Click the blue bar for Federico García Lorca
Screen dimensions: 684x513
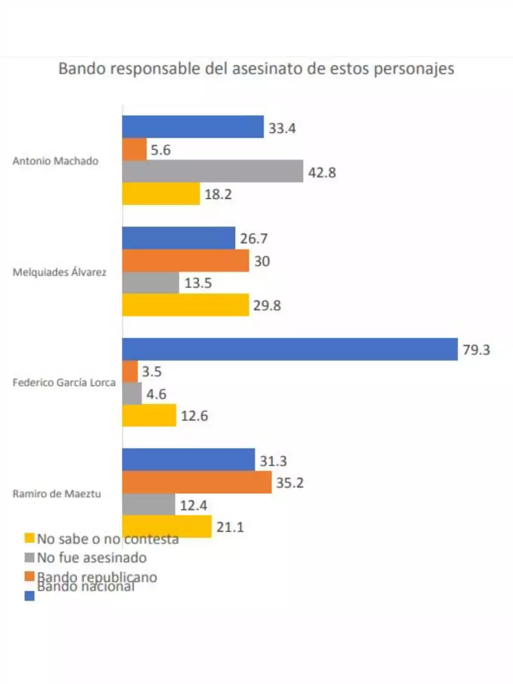tap(290, 349)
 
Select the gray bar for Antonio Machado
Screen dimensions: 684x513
tap(212, 171)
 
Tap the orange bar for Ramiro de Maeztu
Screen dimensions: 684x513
tap(197, 482)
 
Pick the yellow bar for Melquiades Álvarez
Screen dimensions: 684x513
tap(186, 305)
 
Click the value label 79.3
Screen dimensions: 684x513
tap(476, 350)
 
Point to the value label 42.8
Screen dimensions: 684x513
tap(322, 172)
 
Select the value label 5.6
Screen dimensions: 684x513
tap(160, 150)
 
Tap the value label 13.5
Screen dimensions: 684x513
tap(198, 283)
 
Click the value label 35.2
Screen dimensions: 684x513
tap(289, 483)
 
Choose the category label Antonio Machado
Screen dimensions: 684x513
tap(55, 161)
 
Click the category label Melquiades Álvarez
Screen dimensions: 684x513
tap(59, 272)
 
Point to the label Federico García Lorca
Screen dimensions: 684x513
tap(64, 383)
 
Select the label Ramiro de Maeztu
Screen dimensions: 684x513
tap(57, 494)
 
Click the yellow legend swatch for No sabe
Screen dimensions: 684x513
tap(29, 538)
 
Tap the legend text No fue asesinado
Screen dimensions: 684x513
tap(91, 557)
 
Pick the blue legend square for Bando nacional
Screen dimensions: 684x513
tap(29, 596)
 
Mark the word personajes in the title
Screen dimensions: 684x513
tap(414, 69)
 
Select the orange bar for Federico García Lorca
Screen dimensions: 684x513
tap(130, 371)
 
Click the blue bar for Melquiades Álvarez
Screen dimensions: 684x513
tap(178, 238)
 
